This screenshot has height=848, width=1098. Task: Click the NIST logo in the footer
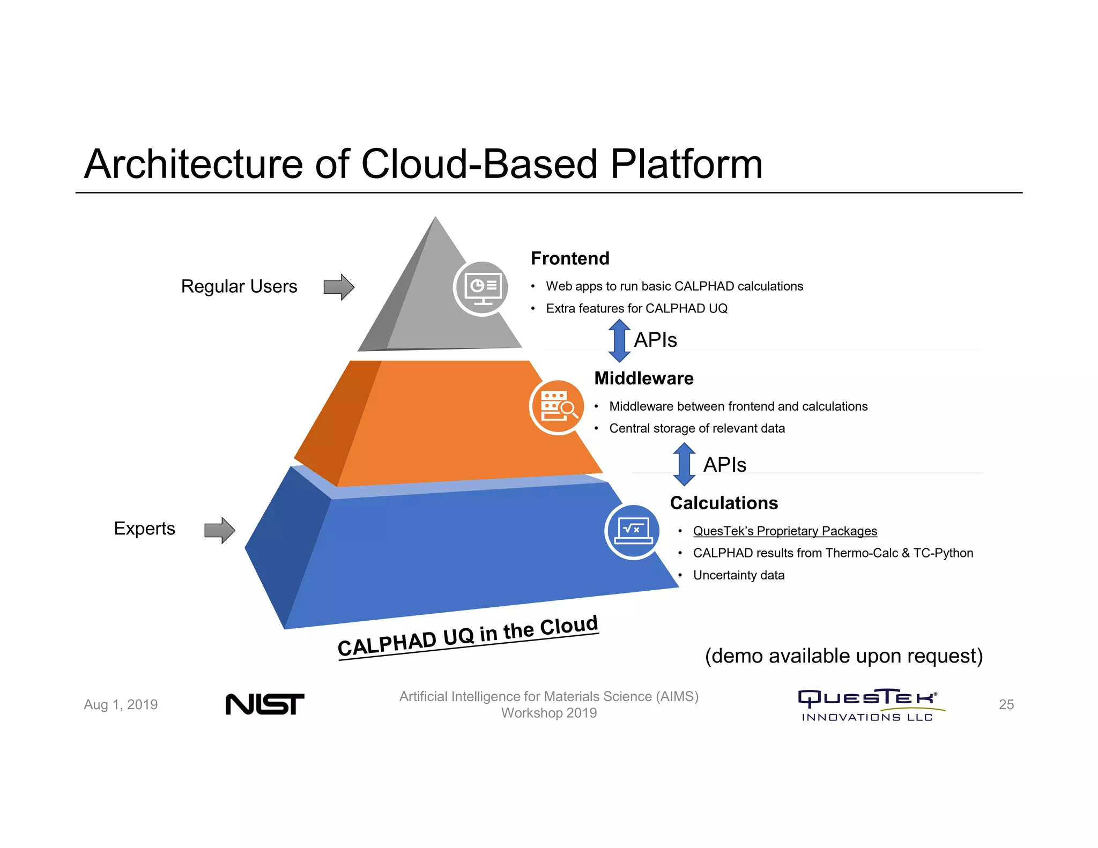coord(265,704)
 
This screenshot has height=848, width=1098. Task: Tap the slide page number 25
coord(1006,704)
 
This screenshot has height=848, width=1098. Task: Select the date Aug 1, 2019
coord(121,704)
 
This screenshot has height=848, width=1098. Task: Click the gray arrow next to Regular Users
coord(339,287)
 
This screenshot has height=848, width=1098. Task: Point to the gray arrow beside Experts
coord(220,530)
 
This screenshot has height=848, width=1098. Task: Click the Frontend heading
coord(570,258)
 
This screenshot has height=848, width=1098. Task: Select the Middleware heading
coord(643,378)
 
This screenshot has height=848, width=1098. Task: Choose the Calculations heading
coord(724,503)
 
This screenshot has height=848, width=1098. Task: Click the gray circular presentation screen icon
coord(482,288)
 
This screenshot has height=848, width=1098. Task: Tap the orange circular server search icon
coord(558,407)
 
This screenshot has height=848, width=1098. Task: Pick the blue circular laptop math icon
coord(633,532)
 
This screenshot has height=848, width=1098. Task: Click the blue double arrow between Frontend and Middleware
coord(619,340)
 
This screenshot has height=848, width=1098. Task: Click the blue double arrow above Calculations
coord(684,464)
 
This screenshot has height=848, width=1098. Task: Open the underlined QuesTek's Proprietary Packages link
coord(785,531)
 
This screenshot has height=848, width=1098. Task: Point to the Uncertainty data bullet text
coord(738,575)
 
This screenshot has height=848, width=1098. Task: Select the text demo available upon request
coord(843,656)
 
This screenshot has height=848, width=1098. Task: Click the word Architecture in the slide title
coord(193,164)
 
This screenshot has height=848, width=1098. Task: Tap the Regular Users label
coord(239,286)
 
